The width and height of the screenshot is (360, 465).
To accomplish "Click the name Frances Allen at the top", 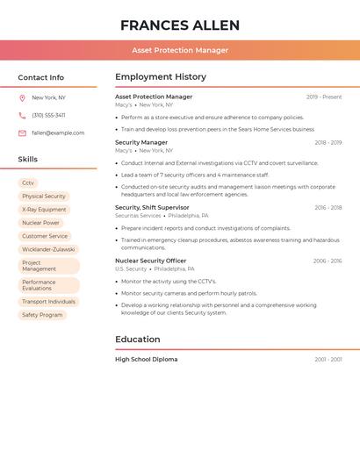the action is click(x=180, y=25).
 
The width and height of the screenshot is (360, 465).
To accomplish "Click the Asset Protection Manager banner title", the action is click(x=180, y=50).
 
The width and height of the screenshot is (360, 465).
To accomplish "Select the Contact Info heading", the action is click(x=41, y=77).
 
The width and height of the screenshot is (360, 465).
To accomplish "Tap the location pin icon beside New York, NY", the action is click(x=22, y=97).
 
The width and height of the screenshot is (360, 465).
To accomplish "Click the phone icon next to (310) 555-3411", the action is click(x=22, y=115).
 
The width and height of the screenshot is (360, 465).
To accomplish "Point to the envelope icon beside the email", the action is click(x=22, y=133).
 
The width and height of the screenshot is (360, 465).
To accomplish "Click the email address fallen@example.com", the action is click(x=58, y=133).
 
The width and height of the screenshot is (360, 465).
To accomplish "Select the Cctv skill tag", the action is click(x=28, y=182).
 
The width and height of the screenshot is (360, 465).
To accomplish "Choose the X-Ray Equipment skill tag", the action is click(x=44, y=210).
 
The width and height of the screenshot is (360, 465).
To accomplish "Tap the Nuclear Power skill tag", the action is click(x=40, y=223).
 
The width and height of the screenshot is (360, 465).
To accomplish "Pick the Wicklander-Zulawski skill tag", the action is click(x=49, y=249).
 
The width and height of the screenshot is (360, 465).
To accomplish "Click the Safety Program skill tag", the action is click(x=42, y=314).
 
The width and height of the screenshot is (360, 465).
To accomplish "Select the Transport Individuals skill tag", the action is click(x=48, y=301).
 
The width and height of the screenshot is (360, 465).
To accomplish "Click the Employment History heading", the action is click(x=161, y=77).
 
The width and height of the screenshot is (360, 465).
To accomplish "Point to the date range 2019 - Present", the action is click(x=324, y=97).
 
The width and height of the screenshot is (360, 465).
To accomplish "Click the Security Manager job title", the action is click(x=141, y=142).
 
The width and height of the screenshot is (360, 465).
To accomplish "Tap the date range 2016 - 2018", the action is click(x=328, y=208).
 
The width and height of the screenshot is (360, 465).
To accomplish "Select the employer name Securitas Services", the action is click(x=138, y=216).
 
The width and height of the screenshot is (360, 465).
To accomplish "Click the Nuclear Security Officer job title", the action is click(x=150, y=261).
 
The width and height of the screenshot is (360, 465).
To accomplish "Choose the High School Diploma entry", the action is click(x=146, y=359).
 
